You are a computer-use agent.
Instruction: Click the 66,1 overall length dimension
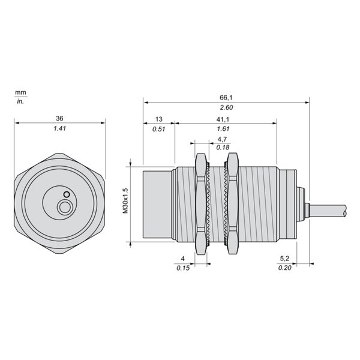click(226, 98)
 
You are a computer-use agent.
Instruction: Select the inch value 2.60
click(226, 107)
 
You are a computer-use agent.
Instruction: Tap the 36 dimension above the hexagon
click(59, 118)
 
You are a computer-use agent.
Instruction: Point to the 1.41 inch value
click(59, 128)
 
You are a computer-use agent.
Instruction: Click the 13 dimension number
click(158, 119)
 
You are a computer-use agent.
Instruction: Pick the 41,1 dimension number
click(223, 119)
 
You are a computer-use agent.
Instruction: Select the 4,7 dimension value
click(222, 139)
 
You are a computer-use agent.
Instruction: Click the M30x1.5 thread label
click(125, 201)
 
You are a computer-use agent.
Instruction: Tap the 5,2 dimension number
click(284, 259)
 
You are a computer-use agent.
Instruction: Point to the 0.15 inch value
click(183, 268)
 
